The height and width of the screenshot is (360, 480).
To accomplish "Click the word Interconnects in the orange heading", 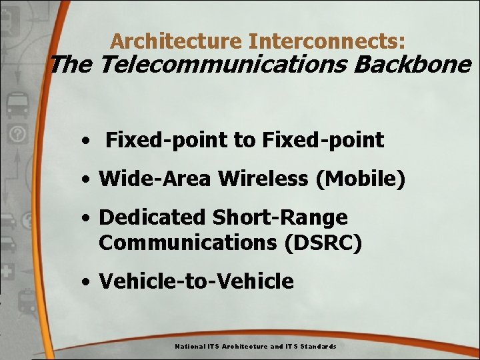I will tap(327, 41).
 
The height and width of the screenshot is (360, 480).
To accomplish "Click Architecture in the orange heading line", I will tap(177, 41).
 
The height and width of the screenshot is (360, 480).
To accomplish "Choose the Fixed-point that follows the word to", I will tap(323, 140).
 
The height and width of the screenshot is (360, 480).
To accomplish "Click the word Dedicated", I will tap(153, 217).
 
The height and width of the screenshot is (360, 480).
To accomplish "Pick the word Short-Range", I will tap(280, 217).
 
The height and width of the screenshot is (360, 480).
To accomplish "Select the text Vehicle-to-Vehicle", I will tap(196, 281).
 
